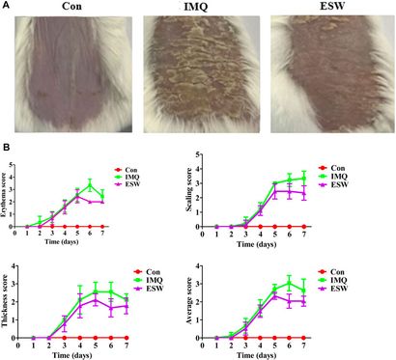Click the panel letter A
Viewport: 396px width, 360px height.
coord(6,7)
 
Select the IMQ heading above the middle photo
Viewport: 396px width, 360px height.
coord(197,7)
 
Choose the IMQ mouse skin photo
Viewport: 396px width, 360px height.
coord(197,74)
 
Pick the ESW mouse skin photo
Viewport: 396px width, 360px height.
coord(328,74)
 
